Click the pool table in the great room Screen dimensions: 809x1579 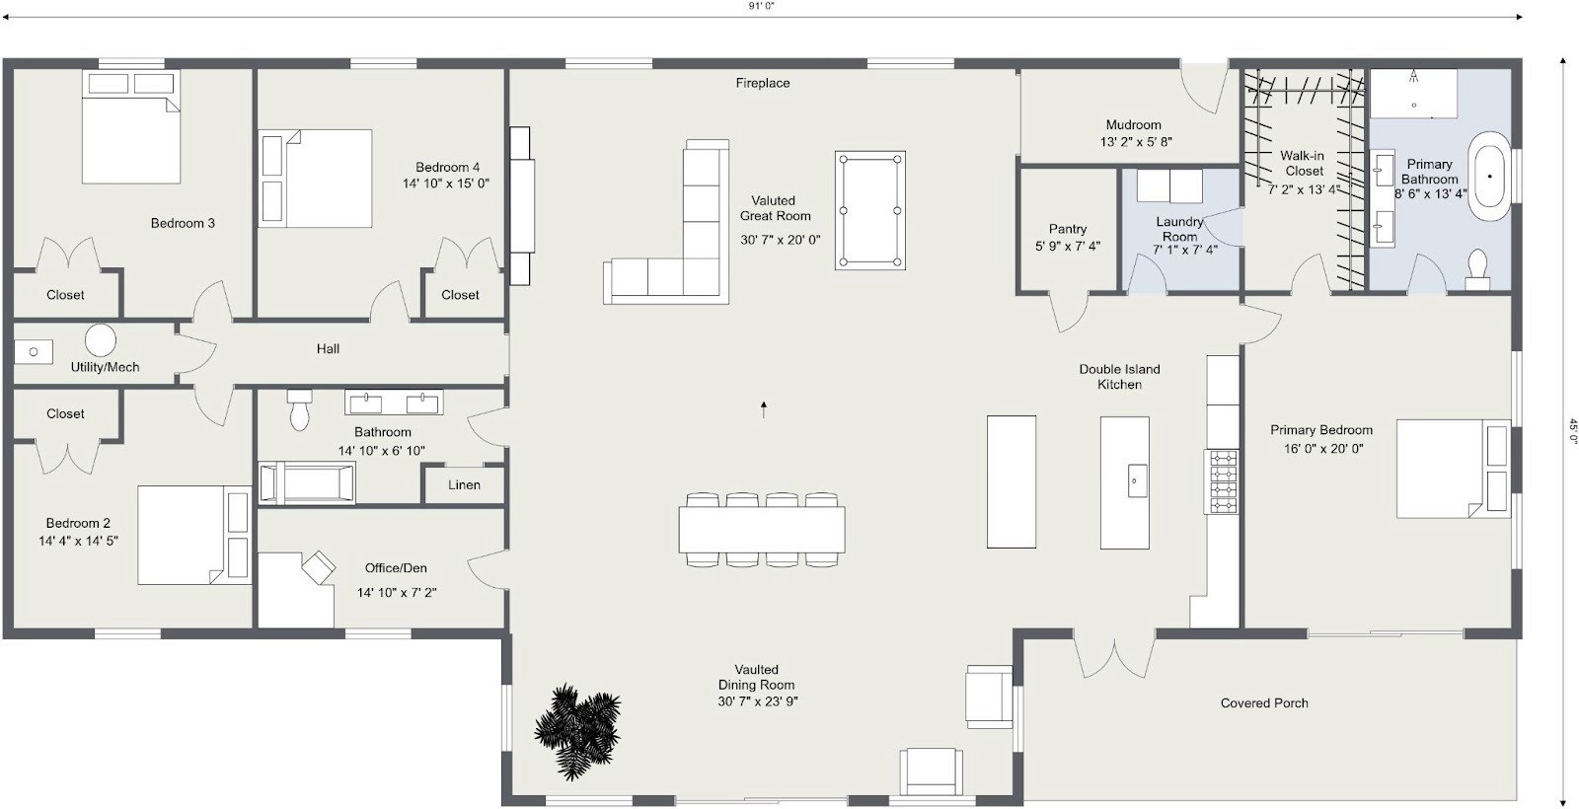[869, 210]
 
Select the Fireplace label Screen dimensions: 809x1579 [762, 83]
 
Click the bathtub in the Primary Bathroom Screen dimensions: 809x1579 [1490, 176]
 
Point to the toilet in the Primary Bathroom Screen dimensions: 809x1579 [1477, 267]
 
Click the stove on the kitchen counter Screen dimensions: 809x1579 [1222, 481]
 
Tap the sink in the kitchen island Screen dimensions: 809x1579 [1134, 481]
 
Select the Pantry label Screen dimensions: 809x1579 [1067, 228]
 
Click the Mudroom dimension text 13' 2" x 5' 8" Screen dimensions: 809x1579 [1136, 142]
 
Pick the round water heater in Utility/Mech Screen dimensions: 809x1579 [100, 339]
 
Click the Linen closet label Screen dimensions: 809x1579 [464, 484]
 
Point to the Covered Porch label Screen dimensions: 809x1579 [1263, 703]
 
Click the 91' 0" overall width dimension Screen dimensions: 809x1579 [761, 6]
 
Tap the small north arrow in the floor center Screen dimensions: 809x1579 [764, 408]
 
